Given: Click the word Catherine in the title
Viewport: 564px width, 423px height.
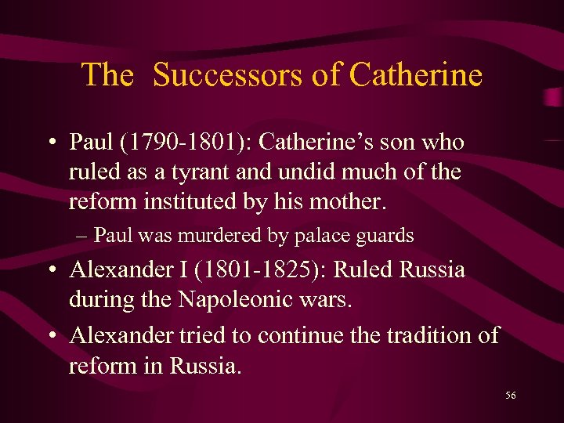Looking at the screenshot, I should (415, 75).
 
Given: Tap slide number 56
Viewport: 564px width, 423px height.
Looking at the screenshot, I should (510, 396).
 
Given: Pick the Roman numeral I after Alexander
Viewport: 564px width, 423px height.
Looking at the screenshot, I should (183, 270).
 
